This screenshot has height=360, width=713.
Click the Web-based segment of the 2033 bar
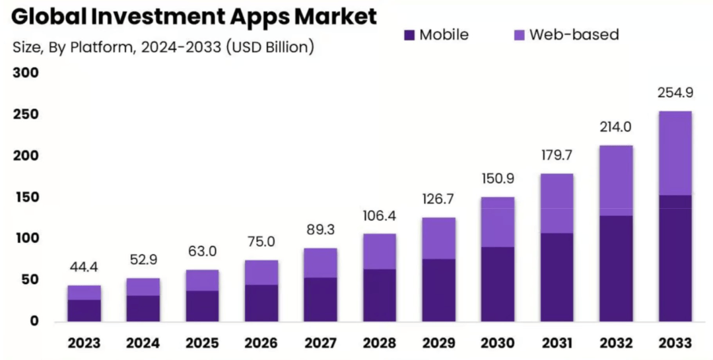675,153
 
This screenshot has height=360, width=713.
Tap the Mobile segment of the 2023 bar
85,310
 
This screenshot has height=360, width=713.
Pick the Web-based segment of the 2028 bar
379,251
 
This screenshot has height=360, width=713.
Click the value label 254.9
675,93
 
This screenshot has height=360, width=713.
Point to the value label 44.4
85,268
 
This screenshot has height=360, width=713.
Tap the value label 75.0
261,242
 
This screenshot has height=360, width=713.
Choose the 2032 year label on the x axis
615,343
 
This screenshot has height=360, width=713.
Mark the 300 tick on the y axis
25,73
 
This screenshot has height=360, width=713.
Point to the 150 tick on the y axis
25,197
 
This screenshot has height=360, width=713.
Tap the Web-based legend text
574,34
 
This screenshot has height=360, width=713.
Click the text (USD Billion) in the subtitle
269,47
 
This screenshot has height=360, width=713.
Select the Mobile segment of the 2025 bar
202,306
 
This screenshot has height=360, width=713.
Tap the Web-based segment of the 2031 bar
556,203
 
